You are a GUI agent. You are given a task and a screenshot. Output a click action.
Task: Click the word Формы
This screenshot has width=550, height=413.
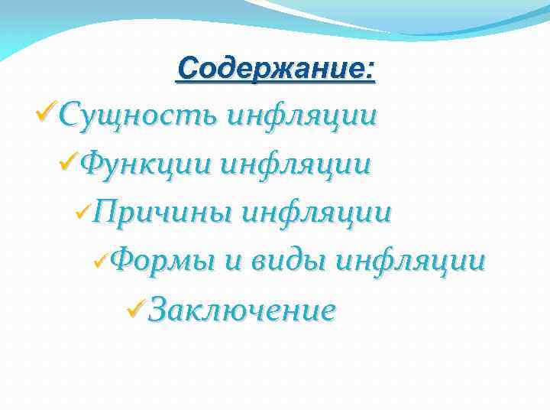click(163, 261)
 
